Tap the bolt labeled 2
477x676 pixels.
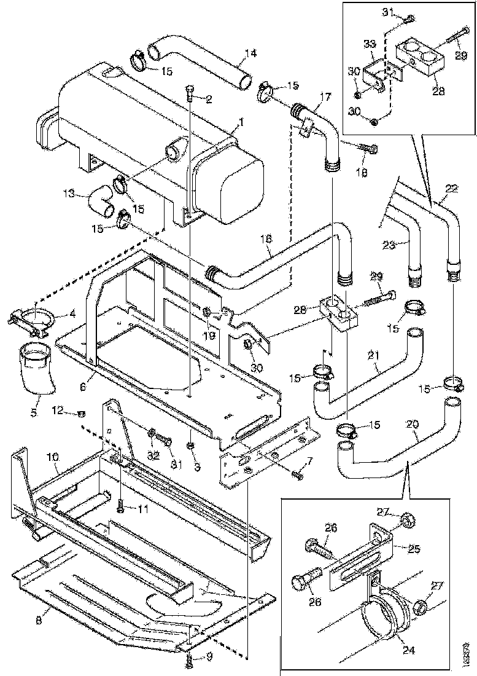[x=190, y=93]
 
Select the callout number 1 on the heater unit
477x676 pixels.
[x=241, y=122]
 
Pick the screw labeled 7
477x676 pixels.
[x=298, y=474]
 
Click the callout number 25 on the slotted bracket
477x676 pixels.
[x=400, y=546]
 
